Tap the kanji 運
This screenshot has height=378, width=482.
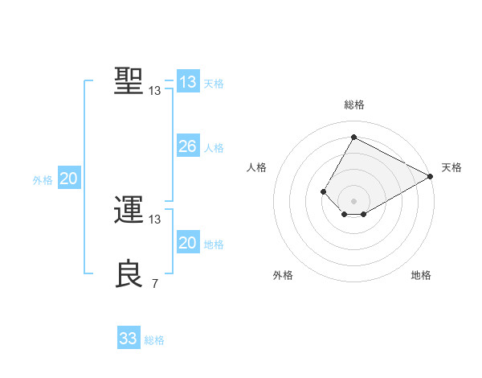[129, 211]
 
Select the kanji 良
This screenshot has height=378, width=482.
[129, 274]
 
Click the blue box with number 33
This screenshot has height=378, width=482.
[129, 339]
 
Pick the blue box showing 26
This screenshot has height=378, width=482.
[188, 146]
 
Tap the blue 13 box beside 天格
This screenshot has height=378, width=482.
[188, 82]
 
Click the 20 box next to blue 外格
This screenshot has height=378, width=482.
[68, 179]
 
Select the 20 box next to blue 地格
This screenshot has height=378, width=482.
[188, 243]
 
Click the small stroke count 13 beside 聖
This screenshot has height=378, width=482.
[154, 91]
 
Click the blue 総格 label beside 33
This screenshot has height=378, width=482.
[154, 340]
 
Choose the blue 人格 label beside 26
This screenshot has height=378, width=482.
[214, 148]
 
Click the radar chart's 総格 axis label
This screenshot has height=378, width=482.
[353, 105]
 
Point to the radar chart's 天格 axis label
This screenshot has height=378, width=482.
[451, 167]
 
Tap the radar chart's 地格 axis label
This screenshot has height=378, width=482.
[421, 275]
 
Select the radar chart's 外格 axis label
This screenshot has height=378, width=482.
[283, 275]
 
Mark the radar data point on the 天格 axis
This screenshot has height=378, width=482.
[431, 176]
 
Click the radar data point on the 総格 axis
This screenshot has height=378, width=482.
[353, 138]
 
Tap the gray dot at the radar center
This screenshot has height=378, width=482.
[353, 201]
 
